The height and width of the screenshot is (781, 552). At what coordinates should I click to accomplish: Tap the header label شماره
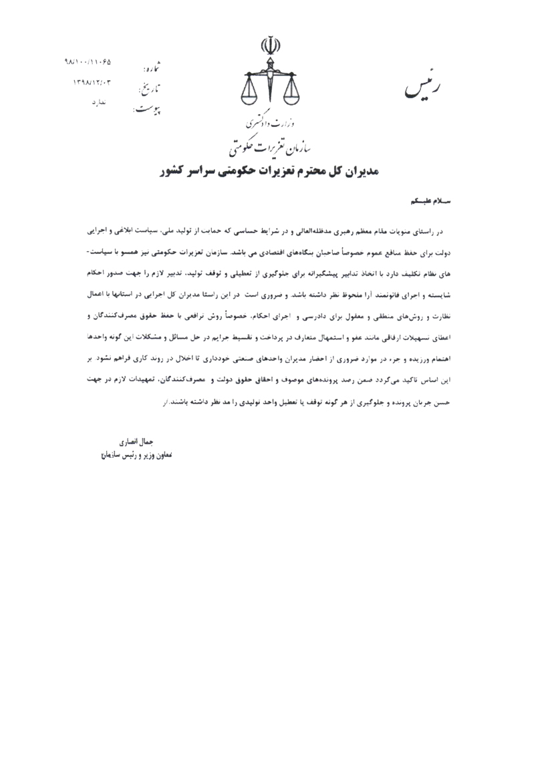(x=152, y=65)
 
